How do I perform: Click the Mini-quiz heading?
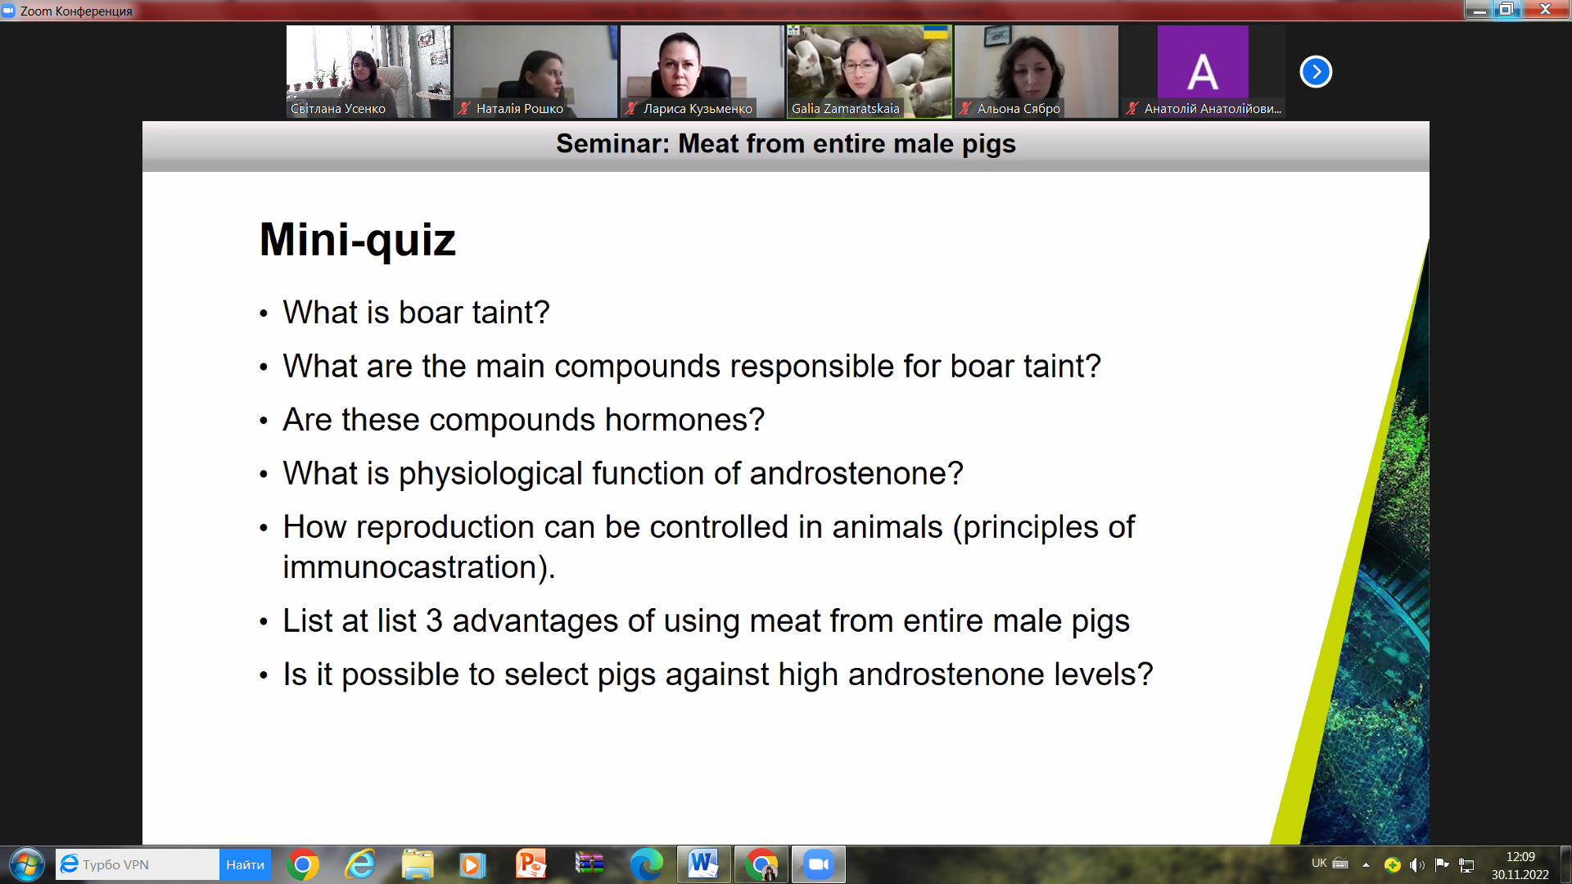tap(357, 240)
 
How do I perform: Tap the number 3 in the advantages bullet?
tap(434, 621)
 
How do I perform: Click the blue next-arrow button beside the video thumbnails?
tap(1316, 72)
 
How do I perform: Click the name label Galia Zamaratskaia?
tap(845, 109)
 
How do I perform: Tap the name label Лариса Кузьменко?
tap(698, 109)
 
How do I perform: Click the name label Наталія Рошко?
tap(520, 109)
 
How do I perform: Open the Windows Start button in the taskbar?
tap(26, 864)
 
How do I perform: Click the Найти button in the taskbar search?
tap(245, 865)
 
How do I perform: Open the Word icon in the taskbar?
tap(703, 864)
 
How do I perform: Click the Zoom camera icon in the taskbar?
tap(818, 864)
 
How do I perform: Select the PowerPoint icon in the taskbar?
tap(531, 864)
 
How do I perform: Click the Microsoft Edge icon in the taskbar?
tap(646, 864)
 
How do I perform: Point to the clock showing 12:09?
tap(1520, 857)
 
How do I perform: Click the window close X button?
tap(1545, 9)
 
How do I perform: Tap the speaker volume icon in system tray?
tap(1417, 865)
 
